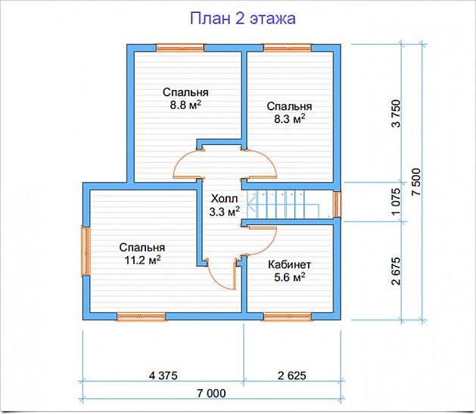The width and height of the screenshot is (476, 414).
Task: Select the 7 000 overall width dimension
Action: click(210, 394)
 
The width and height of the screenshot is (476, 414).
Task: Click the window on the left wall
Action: click(86, 252)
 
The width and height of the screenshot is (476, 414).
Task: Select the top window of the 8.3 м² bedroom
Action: click(288, 48)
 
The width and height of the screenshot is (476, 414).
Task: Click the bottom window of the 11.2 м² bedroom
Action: click(141, 316)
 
